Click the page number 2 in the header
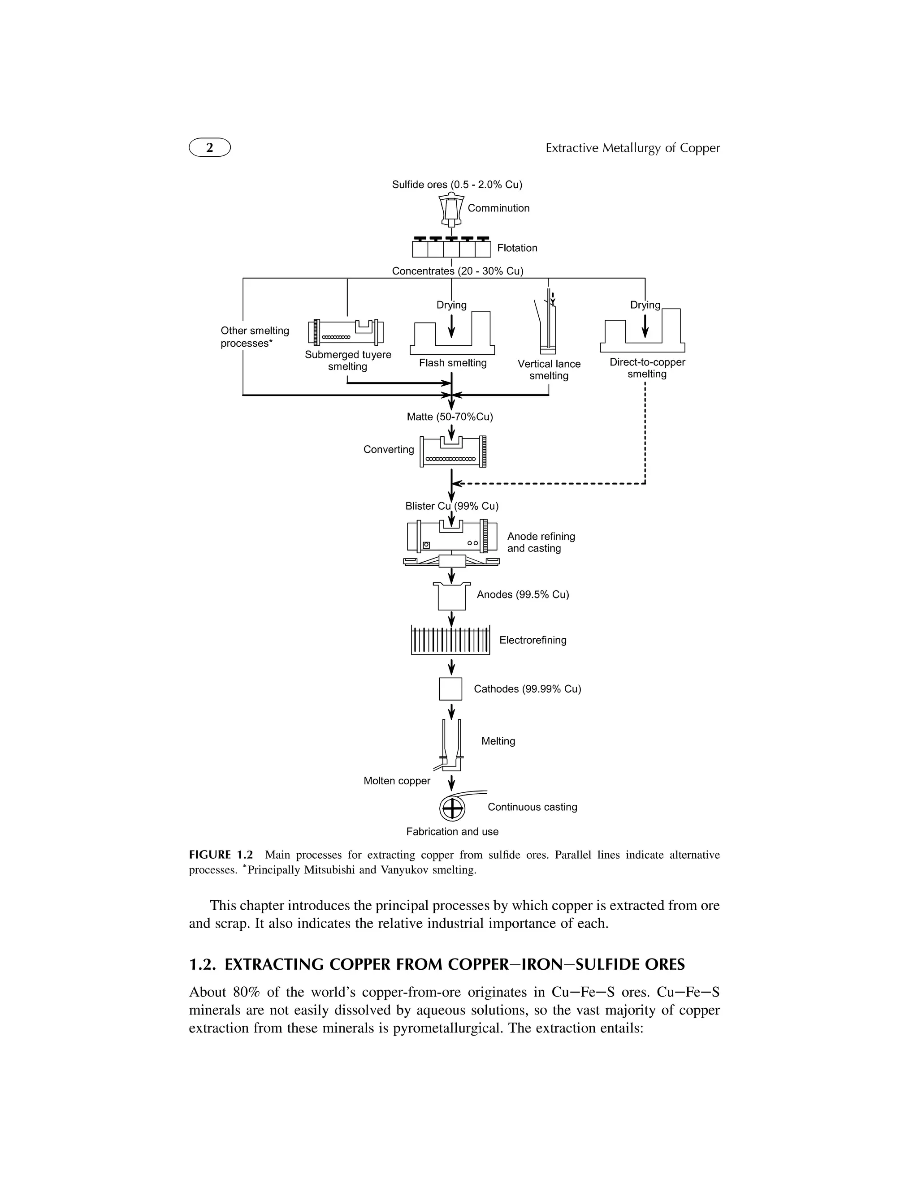pos(209,147)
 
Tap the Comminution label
pos(498,208)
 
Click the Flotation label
pos(517,248)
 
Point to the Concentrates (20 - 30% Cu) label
pos(457,271)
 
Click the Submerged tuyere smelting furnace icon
pos(346,331)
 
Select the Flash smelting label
pos(452,362)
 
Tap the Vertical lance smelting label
pos(549,370)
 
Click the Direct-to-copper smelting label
pos(647,368)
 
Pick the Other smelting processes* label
pos(255,337)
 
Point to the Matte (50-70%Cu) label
pos(450,417)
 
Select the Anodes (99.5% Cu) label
pos(523,594)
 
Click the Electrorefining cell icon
pos(450,640)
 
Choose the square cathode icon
pos(450,688)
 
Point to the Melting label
pos(498,741)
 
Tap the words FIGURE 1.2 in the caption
pos(221,855)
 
